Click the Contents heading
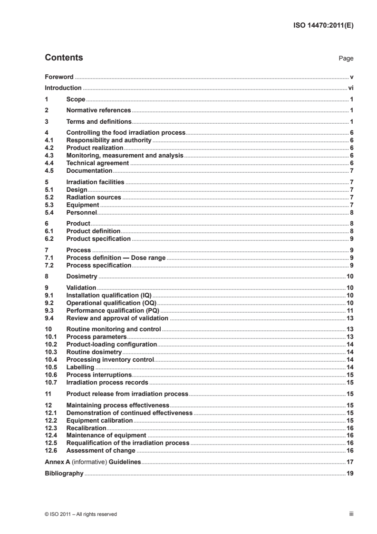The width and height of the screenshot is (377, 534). coord(64,58)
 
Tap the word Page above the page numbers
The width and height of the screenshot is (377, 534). coord(346,59)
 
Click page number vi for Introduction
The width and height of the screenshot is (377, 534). coord(350,88)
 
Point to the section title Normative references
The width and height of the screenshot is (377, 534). coord(98,110)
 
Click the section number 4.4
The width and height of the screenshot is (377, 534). coord(49,163)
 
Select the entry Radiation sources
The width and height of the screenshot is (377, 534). coord(94,197)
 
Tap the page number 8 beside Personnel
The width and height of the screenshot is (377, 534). coord(351,213)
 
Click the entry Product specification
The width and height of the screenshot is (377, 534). coord(98,238)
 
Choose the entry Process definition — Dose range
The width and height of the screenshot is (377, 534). coord(116,257)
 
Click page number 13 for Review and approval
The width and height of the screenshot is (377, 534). coord(349,318)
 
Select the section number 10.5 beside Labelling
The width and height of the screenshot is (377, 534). coord(50,367)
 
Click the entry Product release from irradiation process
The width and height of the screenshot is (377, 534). coord(127,394)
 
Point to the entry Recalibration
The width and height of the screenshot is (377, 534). coord(87,428)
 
